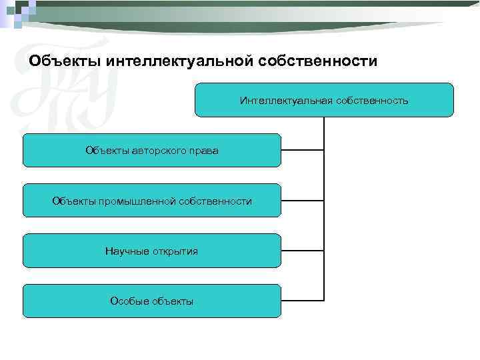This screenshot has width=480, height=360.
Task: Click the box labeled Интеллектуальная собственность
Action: [324, 100]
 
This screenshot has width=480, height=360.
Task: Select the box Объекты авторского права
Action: [152, 150]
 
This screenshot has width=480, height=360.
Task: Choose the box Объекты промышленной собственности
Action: [152, 201]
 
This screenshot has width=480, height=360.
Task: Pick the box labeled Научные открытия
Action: [152, 251]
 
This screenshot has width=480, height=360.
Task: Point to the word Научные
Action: [127, 251]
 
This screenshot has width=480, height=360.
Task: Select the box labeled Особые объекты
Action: [152, 301]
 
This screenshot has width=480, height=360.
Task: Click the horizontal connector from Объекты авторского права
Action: [302, 150]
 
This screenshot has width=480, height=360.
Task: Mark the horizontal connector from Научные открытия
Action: [302, 251]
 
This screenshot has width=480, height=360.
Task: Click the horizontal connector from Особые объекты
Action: [302, 301]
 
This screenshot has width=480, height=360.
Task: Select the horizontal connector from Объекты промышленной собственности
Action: [302, 201]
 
